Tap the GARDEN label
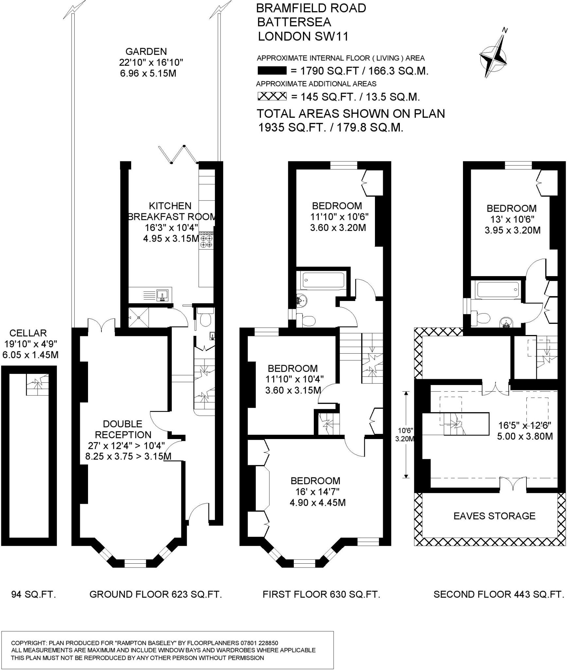tap(146, 51)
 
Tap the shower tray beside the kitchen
tap(139, 317)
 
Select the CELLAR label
tap(28, 333)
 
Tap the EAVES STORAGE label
tap(494, 516)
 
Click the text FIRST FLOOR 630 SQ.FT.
tap(321, 594)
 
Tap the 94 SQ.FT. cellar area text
tap(34, 594)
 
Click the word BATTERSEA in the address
tap(294, 22)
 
